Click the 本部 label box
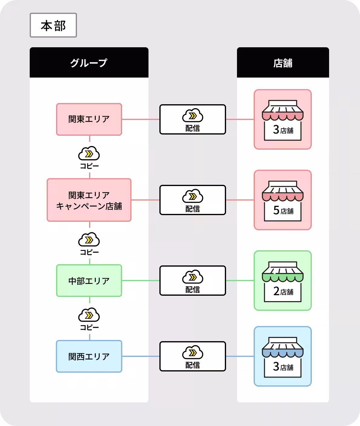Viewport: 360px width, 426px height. (x=53, y=25)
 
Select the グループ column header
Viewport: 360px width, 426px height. (x=89, y=63)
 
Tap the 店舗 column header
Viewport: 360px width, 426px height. (x=283, y=63)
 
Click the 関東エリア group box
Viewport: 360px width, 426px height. (x=89, y=119)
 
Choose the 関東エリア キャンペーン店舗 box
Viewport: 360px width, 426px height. (x=89, y=200)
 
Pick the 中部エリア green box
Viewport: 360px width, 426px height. (x=89, y=281)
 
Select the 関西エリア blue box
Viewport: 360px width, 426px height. (x=89, y=356)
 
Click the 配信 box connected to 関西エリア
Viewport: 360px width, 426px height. (x=192, y=356)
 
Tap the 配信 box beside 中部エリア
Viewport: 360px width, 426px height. (x=192, y=281)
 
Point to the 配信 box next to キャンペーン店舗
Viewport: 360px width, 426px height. (x=192, y=200)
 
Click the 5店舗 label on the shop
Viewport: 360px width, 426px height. (x=283, y=210)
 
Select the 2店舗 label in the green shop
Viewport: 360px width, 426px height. (x=283, y=291)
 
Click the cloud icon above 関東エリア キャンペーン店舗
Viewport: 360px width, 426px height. (x=89, y=154)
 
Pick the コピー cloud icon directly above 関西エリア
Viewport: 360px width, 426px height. (x=89, y=315)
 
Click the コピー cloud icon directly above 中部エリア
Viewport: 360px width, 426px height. (x=89, y=240)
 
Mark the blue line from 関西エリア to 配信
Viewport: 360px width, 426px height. (x=141, y=356)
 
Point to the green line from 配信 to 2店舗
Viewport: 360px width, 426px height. (x=240, y=281)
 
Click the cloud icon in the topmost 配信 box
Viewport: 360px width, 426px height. (x=192, y=115)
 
